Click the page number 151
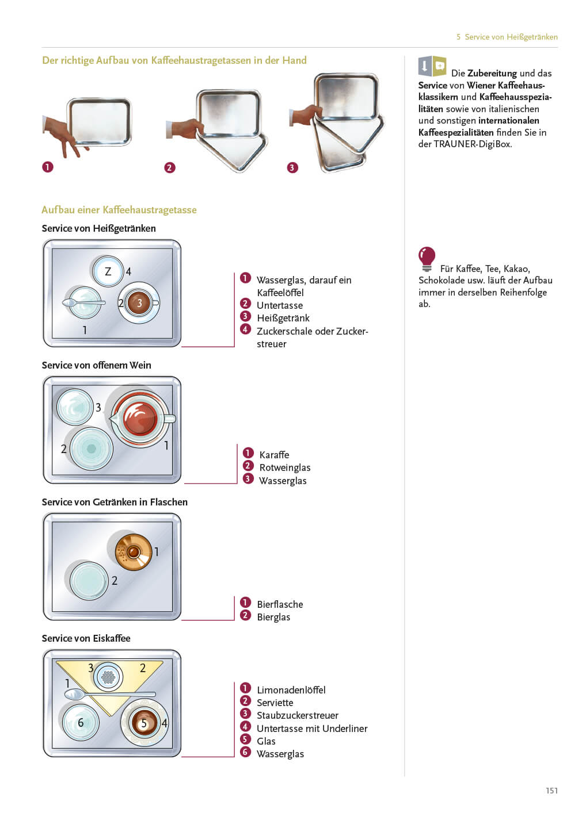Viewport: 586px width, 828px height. click(551, 791)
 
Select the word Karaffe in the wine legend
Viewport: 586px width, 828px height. click(274, 455)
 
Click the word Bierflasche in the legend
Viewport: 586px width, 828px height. click(280, 604)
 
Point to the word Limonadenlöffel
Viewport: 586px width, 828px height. click(291, 690)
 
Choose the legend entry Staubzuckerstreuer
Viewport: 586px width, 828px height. click(297, 715)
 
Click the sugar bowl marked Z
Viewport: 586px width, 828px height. click(108, 271)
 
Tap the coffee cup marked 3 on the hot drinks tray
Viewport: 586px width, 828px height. click(139, 303)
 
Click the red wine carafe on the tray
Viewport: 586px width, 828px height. click(140, 417)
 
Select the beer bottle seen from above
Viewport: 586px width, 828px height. click(133, 552)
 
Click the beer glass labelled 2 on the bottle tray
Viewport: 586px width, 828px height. click(89, 580)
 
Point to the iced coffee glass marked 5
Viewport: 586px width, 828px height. click(144, 723)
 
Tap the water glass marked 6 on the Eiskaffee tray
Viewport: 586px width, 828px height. click(80, 723)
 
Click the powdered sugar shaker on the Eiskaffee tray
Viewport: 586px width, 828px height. click(108, 677)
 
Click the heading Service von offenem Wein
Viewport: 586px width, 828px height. click(96, 365)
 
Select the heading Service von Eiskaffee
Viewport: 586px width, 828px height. click(86, 638)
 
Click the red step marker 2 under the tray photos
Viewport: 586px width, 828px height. click(169, 167)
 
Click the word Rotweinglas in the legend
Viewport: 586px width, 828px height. click(284, 467)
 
